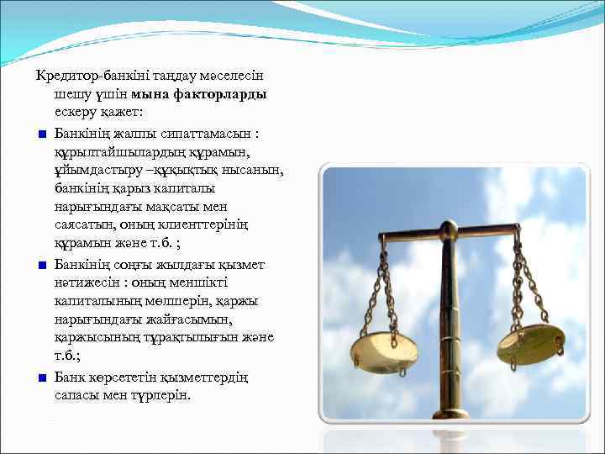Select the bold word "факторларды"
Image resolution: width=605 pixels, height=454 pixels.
[x=222, y=94]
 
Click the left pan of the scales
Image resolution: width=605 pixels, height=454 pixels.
[x=383, y=351]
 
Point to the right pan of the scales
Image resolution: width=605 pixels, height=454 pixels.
[x=529, y=343]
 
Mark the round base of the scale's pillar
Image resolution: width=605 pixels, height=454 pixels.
[x=450, y=414]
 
